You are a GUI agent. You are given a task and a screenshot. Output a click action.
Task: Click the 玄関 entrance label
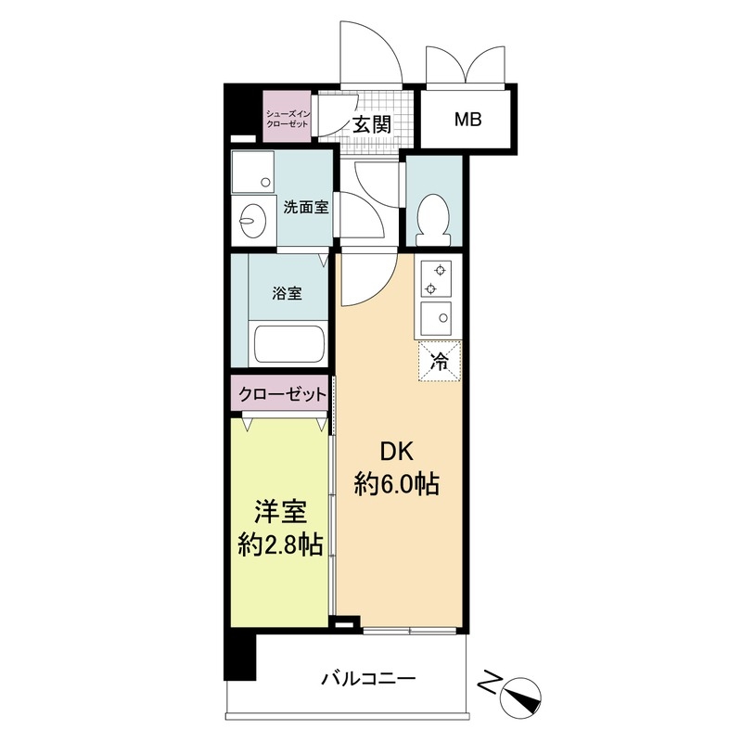coord(370,124)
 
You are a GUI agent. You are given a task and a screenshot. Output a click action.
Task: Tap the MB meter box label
coord(467,119)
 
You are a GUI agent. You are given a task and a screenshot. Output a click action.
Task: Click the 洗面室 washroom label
coord(306,207)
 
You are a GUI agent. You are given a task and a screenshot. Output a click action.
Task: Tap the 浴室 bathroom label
coord(287,294)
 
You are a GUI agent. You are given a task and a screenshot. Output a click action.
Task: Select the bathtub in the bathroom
coord(288,345)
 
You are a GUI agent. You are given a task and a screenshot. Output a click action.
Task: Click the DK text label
coord(397,452)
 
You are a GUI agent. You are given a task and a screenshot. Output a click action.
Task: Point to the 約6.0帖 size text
coord(397,483)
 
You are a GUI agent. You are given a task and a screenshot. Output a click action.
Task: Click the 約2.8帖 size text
coord(279,545)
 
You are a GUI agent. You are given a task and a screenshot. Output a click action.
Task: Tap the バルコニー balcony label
coord(368,678)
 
